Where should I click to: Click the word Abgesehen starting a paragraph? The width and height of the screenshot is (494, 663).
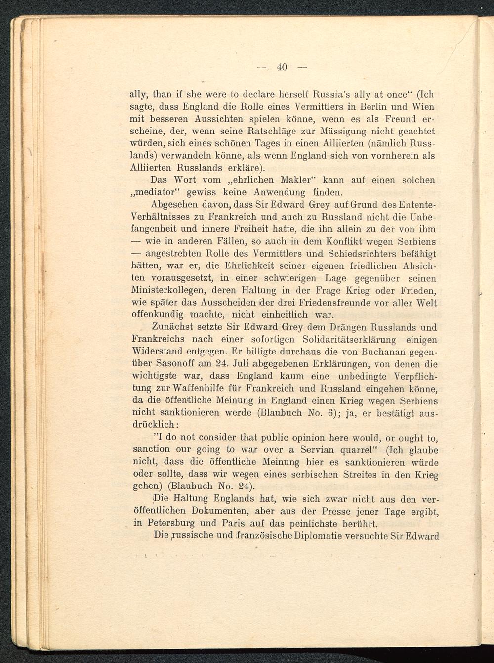170,205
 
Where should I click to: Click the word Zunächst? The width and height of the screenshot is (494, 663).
174,327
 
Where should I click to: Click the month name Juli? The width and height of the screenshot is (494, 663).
233,364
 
